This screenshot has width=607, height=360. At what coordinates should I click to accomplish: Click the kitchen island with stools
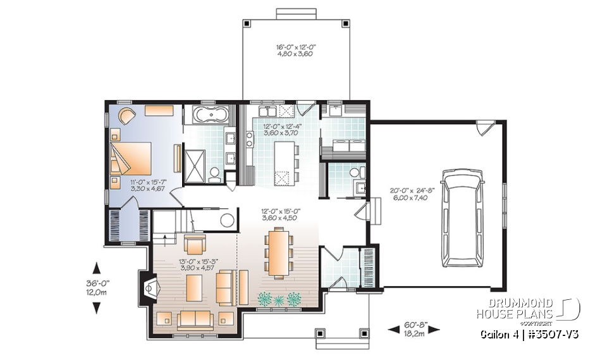(283, 163)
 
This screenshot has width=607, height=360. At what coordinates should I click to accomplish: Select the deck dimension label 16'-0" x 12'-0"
(293, 51)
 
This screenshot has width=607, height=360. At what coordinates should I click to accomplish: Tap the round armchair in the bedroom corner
(125, 116)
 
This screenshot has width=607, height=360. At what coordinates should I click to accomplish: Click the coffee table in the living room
(193, 289)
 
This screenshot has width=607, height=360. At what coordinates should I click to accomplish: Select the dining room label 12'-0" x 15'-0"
(280, 214)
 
